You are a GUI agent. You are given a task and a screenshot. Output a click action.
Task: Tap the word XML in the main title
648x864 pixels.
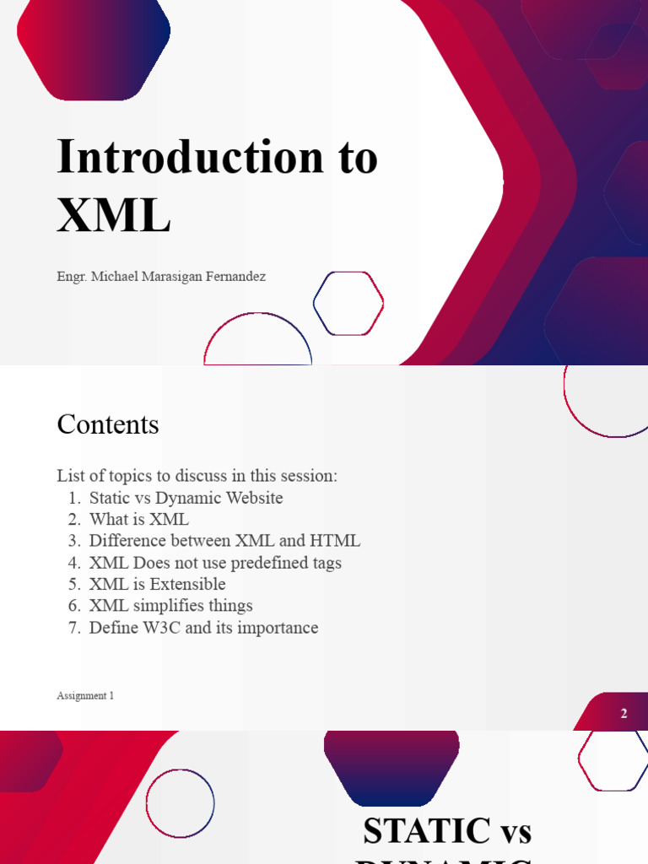pyautogui.click(x=114, y=215)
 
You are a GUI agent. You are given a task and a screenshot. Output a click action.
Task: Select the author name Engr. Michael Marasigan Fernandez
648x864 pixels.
pyautogui.click(x=161, y=277)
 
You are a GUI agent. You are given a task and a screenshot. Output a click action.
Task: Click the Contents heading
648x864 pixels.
pyautogui.click(x=107, y=424)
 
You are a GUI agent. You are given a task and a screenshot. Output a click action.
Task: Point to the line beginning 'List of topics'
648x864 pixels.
pyautogui.click(x=197, y=476)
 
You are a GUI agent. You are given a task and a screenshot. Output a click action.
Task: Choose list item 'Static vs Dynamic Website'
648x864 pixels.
pyautogui.click(x=186, y=498)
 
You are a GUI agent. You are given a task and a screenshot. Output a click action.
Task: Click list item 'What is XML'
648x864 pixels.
pyautogui.click(x=139, y=520)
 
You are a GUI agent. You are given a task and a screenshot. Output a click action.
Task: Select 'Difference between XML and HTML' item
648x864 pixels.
pyautogui.click(x=224, y=541)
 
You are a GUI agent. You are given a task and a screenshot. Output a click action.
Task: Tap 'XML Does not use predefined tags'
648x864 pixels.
pyautogui.click(x=215, y=563)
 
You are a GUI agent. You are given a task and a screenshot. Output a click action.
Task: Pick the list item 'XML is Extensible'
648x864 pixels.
pyautogui.click(x=157, y=584)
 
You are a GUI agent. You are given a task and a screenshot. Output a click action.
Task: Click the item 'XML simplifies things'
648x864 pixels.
pyautogui.click(x=170, y=606)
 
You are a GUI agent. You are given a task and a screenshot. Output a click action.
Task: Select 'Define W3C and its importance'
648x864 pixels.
pyautogui.click(x=203, y=628)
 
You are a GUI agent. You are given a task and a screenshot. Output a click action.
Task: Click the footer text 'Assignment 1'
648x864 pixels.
pyautogui.click(x=84, y=696)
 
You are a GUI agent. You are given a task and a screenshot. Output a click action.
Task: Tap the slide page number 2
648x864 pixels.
pyautogui.click(x=624, y=714)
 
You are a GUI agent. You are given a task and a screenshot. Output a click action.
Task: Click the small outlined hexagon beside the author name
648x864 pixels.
pyautogui.click(x=348, y=304)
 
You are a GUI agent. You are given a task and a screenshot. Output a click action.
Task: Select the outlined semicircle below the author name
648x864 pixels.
pyautogui.click(x=257, y=342)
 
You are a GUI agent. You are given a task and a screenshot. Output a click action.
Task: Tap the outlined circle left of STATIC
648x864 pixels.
pyautogui.click(x=180, y=803)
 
